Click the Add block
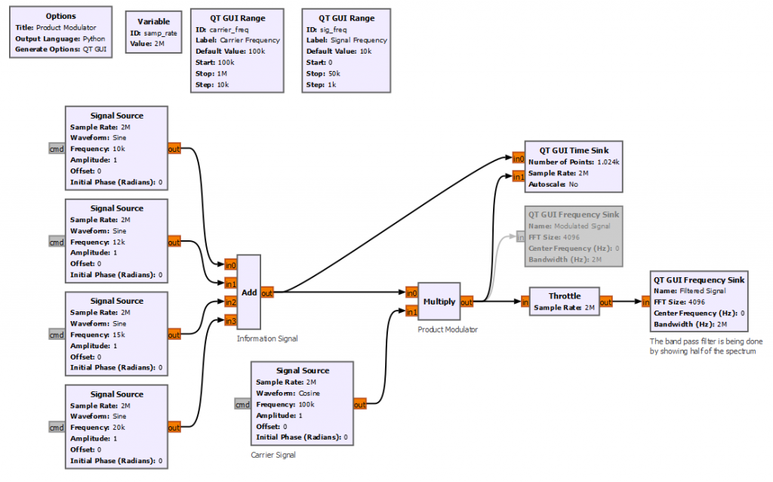click(248, 292)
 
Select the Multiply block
click(439, 301)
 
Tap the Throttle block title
click(564, 296)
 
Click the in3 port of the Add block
click(230, 320)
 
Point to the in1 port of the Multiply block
click(411, 311)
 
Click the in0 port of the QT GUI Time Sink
click(518, 159)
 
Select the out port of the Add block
click(267, 292)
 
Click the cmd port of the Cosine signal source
click(242, 404)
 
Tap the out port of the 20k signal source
click(174, 428)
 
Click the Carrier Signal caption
click(273, 455)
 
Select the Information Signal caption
click(266, 338)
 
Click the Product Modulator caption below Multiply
click(447, 329)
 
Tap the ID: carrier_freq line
click(225, 29)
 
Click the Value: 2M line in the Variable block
click(148, 44)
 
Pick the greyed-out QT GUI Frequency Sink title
click(574, 215)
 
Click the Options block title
click(60, 16)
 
